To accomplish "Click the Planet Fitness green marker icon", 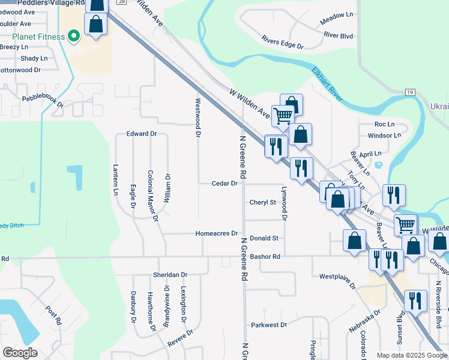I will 74,37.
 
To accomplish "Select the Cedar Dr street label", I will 225,184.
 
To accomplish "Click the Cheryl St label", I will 262,202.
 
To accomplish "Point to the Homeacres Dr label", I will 217,233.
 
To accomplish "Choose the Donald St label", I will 264,238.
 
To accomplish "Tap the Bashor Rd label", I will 265,256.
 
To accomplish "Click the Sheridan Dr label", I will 170,274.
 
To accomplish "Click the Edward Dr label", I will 141,134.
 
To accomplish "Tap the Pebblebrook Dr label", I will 43,101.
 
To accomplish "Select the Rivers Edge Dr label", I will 282,41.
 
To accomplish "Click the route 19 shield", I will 410,92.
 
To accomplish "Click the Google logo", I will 20,352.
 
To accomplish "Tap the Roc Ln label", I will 384,124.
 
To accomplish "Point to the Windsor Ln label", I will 384,136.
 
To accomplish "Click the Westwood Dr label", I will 196,117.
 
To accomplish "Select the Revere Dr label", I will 181,338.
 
